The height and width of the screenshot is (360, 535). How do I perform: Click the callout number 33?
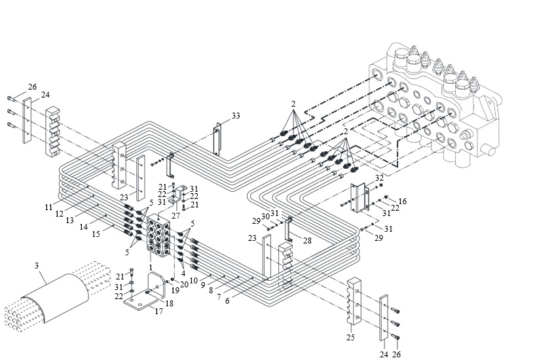tap(236, 116)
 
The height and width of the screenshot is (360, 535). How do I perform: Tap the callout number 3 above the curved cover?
tap(37, 265)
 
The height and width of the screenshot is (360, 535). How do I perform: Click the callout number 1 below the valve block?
tap(151, 268)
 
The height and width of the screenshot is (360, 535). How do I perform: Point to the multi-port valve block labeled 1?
tap(158, 235)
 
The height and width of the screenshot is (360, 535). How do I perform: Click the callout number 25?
tap(350, 338)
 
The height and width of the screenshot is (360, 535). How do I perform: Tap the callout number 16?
tap(403, 201)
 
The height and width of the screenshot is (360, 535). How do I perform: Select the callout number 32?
tap(379, 178)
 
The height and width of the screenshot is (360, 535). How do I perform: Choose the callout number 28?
tap(307, 241)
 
